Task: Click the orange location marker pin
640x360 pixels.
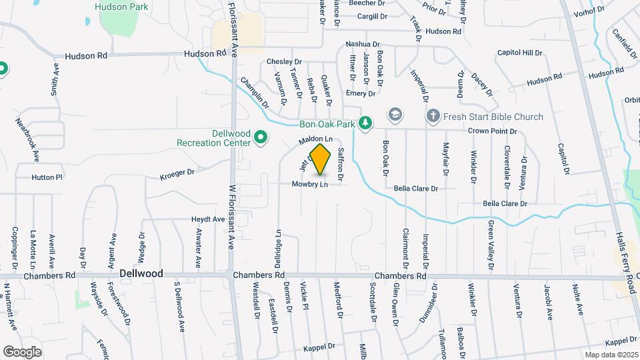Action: pos(321,159)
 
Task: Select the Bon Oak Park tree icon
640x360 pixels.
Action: pos(365,123)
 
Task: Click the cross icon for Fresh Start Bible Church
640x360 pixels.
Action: pos(433,117)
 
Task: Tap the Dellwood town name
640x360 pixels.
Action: pos(141,273)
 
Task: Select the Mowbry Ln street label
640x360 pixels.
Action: pos(310,184)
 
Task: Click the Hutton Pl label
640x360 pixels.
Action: pos(47,177)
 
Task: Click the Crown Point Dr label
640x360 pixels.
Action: pos(492,131)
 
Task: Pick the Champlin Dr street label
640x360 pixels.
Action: pos(255,93)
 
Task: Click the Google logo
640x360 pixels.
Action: pos(22,351)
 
